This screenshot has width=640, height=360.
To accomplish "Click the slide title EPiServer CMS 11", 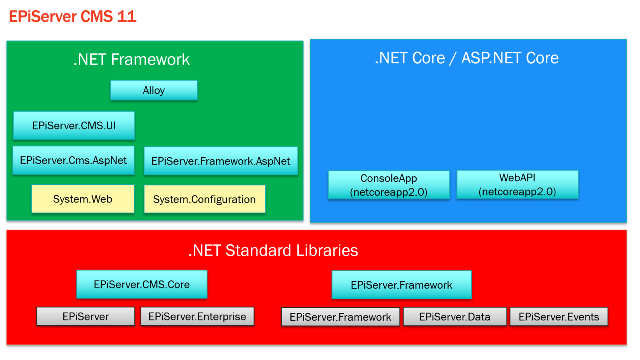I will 73,17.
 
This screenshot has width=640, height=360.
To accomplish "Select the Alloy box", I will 154,90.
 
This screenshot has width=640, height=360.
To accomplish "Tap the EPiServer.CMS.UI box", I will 74,125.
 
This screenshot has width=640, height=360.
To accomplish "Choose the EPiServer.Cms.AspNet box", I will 73,160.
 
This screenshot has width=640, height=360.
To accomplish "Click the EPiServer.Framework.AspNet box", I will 221,161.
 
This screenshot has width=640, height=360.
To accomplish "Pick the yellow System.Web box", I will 82,199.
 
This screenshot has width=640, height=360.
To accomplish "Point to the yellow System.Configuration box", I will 204,200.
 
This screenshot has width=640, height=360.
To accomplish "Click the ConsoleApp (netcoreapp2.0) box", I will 389,185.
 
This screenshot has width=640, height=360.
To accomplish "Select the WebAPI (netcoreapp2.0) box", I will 517,185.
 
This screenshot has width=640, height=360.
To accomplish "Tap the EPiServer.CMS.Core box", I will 142,285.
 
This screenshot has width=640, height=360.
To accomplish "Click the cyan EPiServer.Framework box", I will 401,285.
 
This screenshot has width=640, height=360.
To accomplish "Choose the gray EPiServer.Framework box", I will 340,317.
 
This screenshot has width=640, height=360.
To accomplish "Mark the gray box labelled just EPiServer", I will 85,317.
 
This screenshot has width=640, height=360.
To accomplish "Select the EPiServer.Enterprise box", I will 197,317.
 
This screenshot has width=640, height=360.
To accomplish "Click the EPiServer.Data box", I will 455,317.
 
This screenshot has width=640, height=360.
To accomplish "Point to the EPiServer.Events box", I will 559,317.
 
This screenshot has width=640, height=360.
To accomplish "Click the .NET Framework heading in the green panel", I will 131,60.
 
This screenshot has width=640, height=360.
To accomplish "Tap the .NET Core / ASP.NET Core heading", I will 466,58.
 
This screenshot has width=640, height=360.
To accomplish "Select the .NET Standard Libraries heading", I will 273,250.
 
